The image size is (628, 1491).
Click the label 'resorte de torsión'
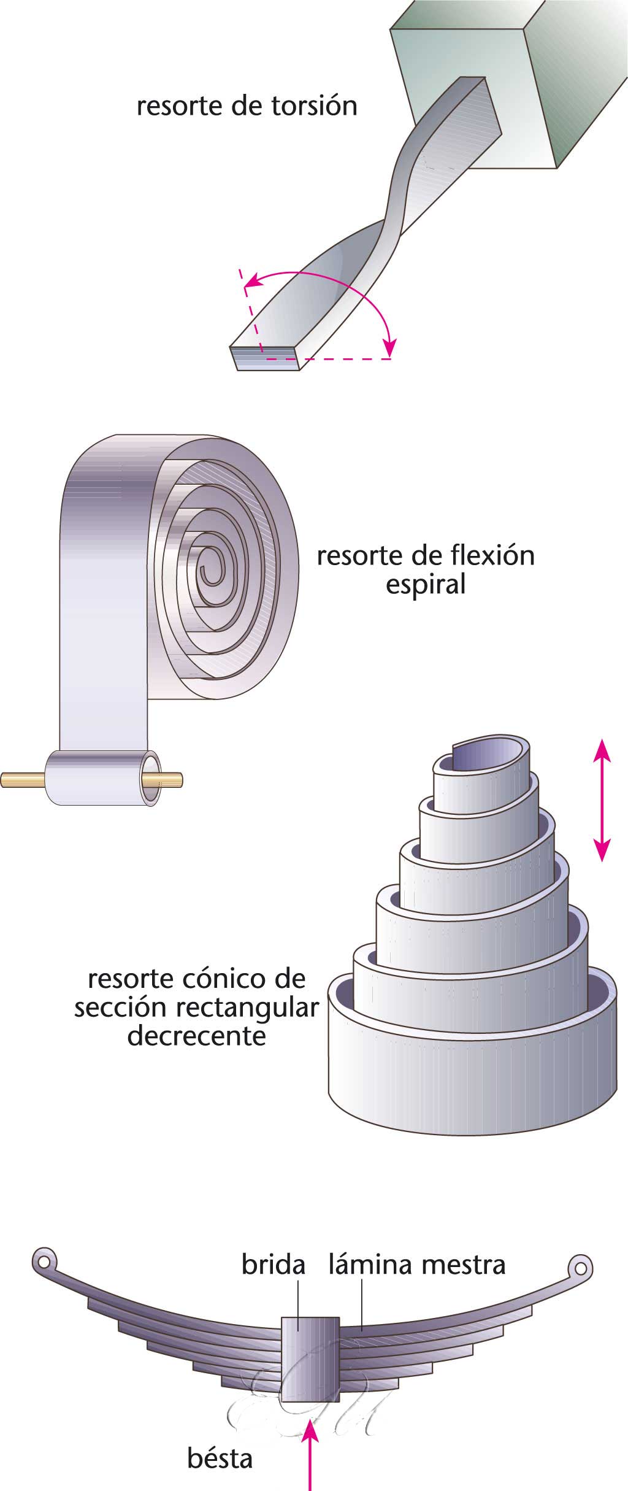click(x=247, y=106)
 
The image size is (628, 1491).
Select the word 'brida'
click(x=273, y=1265)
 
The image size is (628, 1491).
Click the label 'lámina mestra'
click(x=416, y=1265)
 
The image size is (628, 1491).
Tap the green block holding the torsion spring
click(x=515, y=86)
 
